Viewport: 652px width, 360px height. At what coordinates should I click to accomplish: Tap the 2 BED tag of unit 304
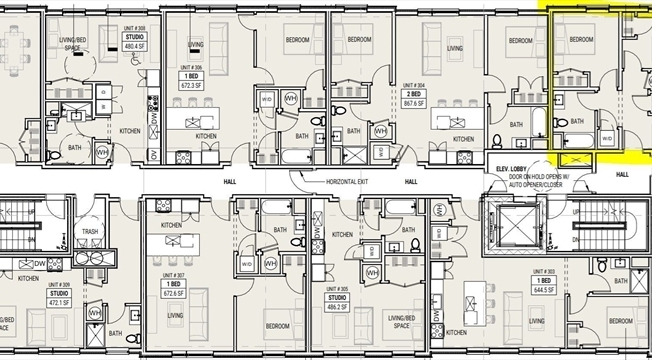413,94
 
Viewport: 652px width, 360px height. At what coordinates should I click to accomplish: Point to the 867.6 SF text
413,103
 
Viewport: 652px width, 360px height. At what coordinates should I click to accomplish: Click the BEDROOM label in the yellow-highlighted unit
581,40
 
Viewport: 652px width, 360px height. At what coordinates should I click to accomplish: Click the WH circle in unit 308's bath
102,151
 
